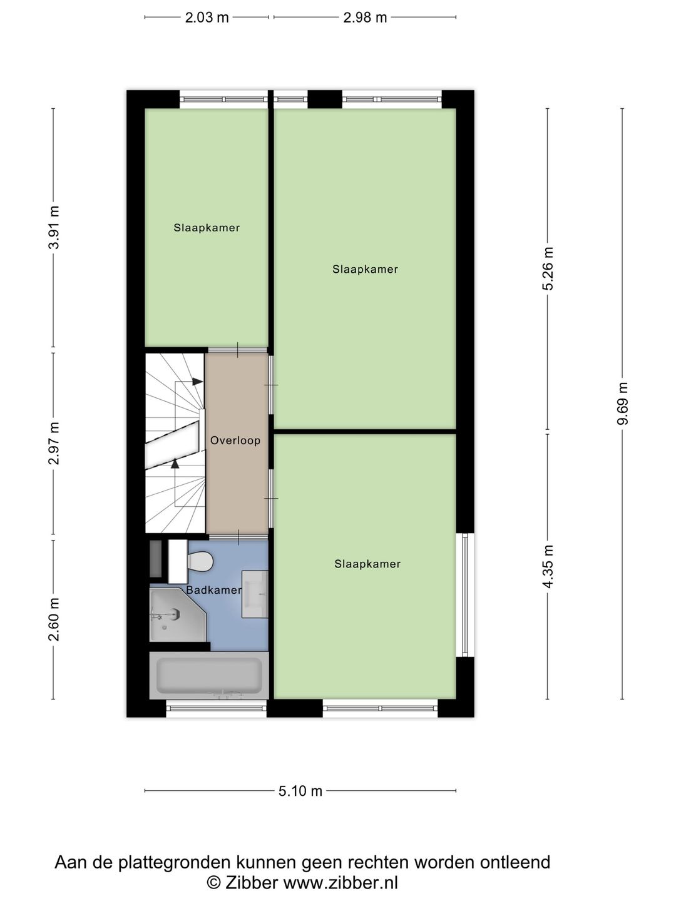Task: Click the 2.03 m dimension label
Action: coord(207,18)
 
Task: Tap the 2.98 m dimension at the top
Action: coord(365,18)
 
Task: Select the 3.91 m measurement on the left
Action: coord(54,227)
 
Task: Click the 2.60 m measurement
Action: coord(54,619)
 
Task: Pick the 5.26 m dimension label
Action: coord(548,268)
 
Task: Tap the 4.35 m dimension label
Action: coord(548,566)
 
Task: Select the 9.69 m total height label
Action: coord(623,404)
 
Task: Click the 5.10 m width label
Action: coord(300,791)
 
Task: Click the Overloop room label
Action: coord(235,440)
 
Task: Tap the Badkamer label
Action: coord(213,590)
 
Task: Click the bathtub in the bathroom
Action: coord(209,676)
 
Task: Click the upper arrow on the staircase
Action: coord(197,381)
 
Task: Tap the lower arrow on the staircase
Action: coord(175,464)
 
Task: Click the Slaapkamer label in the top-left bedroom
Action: coord(207,228)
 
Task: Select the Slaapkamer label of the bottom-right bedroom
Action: coord(367,564)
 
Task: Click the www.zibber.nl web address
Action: coord(341,883)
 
